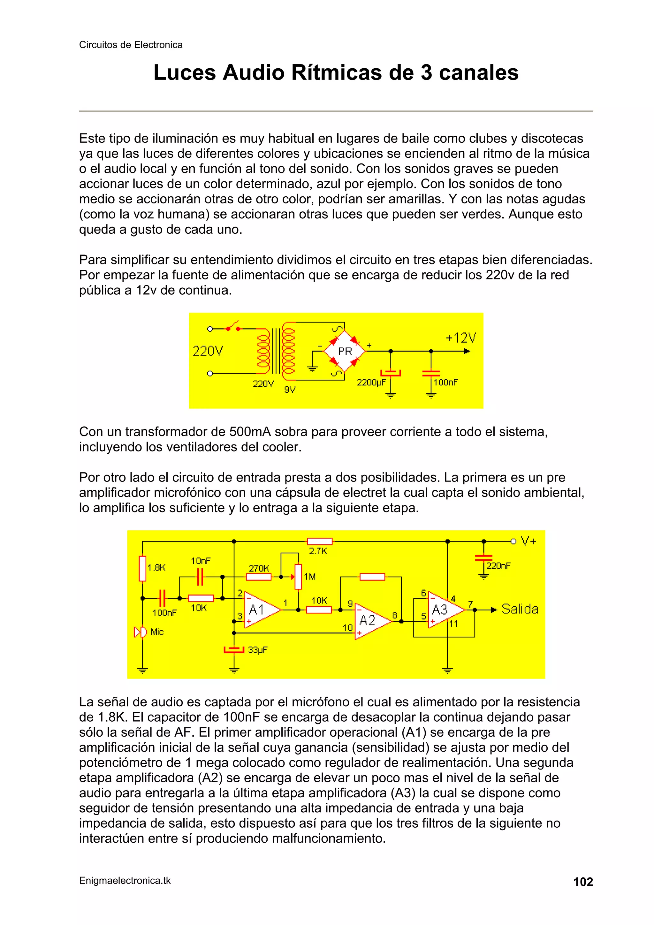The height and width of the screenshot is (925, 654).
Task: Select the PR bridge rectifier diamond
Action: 345,351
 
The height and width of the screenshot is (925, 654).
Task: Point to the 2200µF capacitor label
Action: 371,382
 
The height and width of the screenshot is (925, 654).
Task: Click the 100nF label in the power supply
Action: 446,382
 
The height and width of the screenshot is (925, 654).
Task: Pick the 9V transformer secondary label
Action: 290,390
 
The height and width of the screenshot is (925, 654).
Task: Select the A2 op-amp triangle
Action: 370,621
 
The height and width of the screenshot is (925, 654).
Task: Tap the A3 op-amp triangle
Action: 443,610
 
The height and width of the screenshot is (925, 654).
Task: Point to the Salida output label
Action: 520,609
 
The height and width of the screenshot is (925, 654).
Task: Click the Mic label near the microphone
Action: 157,632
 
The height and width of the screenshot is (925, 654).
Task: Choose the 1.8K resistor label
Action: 156,568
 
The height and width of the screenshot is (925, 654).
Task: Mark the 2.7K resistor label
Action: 318,551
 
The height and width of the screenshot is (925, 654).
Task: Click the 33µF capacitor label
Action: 257,650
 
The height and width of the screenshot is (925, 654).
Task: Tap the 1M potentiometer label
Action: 309,577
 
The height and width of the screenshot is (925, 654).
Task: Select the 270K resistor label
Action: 259,568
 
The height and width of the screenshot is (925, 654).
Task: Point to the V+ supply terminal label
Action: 529,541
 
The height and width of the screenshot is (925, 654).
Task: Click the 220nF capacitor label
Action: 498,566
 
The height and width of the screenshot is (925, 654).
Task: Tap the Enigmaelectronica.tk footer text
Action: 125,881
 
